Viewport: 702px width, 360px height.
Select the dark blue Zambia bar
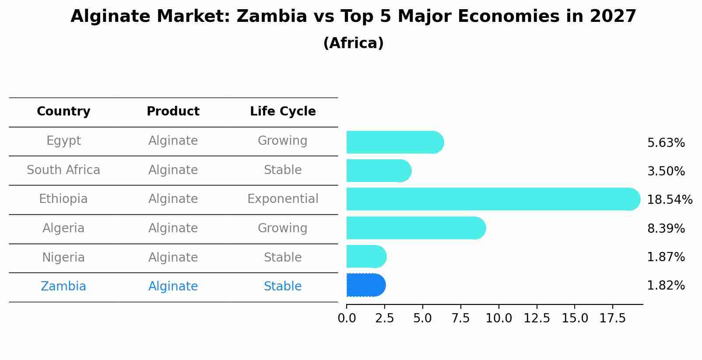tap(365, 285)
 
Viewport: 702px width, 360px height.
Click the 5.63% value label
tap(666, 143)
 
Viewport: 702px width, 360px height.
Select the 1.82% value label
tap(666, 286)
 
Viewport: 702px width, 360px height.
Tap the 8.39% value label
tap(666, 228)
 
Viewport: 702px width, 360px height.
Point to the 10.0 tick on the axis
tap(498, 318)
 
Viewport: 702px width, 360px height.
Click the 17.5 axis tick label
tap(613, 318)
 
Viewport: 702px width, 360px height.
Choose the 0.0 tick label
tap(347, 318)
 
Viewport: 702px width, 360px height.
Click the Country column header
tap(63, 112)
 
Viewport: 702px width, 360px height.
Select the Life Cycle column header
tap(283, 112)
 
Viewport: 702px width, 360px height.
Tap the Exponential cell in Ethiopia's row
tap(283, 199)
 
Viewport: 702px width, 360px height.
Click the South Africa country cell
tap(63, 170)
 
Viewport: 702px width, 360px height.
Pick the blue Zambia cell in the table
tap(63, 287)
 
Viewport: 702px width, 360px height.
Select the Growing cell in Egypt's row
tap(283, 141)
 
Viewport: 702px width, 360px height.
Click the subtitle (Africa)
tap(353, 43)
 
